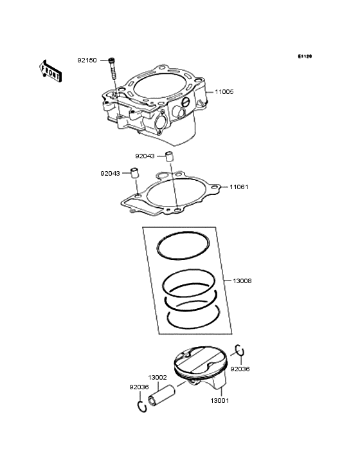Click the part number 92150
(87, 60)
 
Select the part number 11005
(224, 92)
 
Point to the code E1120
(304, 57)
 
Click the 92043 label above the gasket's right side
(145, 156)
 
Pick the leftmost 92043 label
(110, 173)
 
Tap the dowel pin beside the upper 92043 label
(170, 155)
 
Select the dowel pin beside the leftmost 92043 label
(136, 172)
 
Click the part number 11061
(239, 187)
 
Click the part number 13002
(157, 378)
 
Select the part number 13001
(220, 400)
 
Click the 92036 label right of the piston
(240, 369)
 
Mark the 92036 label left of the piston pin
(139, 387)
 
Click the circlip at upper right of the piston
(239, 350)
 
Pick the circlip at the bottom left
(141, 405)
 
